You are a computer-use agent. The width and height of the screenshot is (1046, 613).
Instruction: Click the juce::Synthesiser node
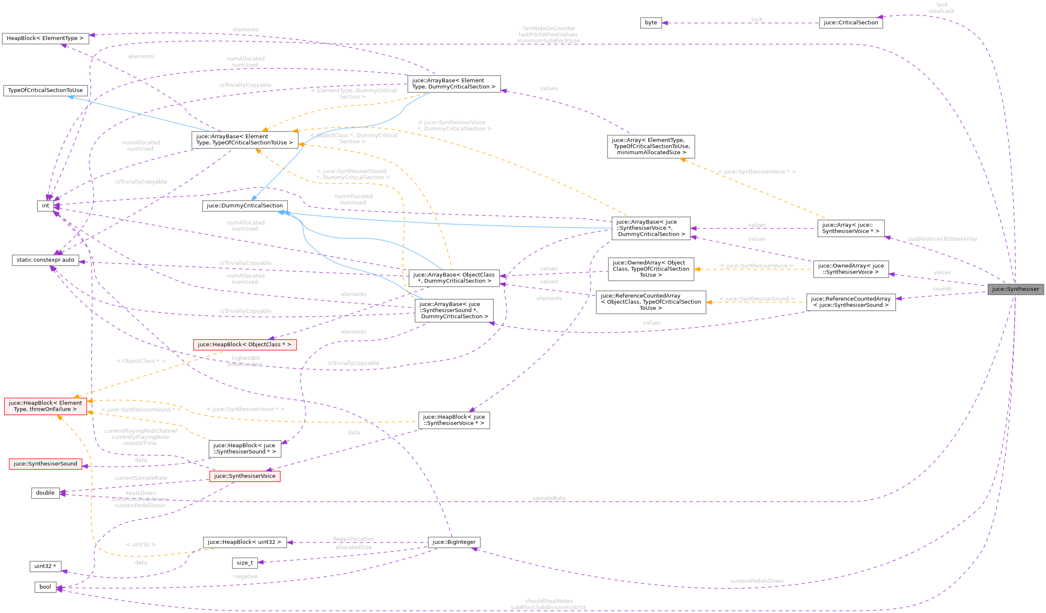[x=1015, y=289]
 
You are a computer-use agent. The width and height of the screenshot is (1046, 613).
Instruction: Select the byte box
[x=651, y=23]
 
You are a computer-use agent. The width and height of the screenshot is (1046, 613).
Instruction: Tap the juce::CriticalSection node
[x=850, y=23]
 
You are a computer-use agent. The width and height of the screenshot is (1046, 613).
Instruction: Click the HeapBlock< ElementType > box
[x=45, y=38]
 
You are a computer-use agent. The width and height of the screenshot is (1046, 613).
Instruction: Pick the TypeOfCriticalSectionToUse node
[x=45, y=90]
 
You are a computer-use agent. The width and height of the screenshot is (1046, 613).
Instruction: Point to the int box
[x=45, y=206]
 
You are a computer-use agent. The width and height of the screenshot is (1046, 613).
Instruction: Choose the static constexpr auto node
[x=45, y=260]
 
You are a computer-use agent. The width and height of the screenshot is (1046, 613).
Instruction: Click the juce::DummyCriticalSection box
[x=245, y=206]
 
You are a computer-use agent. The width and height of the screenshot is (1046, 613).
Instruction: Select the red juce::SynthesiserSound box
[x=45, y=464]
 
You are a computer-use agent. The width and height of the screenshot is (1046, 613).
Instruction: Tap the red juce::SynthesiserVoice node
[x=245, y=476]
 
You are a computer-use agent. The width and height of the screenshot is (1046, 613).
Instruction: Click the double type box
[x=45, y=493]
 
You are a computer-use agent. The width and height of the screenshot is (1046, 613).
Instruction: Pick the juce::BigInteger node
[x=454, y=542]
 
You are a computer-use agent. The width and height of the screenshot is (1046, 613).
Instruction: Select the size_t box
[x=245, y=563]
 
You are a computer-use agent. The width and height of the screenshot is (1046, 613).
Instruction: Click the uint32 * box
[x=45, y=566]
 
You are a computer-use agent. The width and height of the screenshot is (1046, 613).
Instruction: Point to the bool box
[x=45, y=587]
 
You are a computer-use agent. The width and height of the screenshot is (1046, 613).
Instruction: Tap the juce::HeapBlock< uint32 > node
[x=245, y=542]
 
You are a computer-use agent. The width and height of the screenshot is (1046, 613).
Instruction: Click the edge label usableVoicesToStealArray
[x=942, y=239]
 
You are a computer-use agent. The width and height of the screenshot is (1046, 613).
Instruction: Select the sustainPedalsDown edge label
[x=756, y=581]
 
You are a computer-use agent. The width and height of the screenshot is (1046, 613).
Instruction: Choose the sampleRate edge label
[x=549, y=498]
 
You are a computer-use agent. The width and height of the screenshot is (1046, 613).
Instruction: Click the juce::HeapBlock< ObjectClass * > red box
[x=245, y=345]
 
